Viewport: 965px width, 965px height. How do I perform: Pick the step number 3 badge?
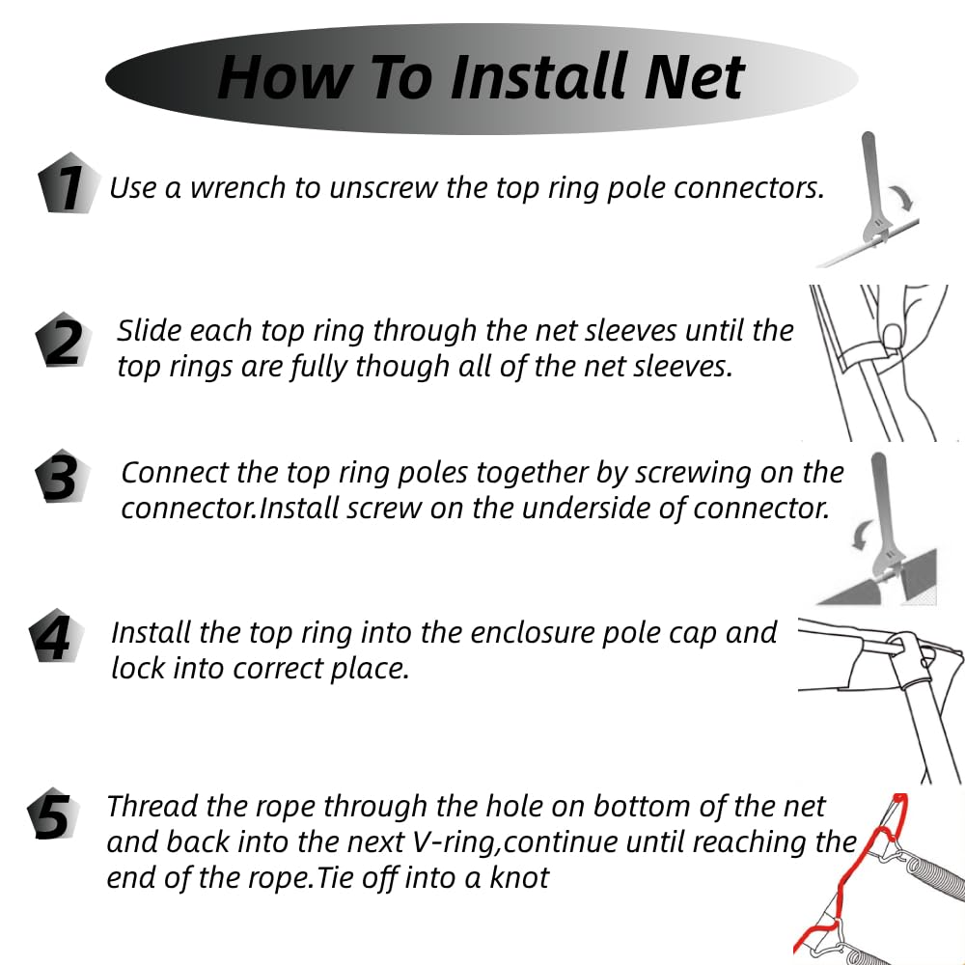(x=62, y=477)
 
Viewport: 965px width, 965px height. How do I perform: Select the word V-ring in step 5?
(x=456, y=842)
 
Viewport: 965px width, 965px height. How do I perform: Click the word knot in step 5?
(x=519, y=877)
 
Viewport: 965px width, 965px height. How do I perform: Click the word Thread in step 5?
(x=152, y=806)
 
